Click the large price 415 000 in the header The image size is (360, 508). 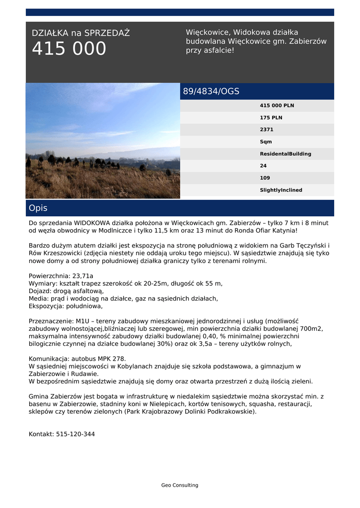[69, 49]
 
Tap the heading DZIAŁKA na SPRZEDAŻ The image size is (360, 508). [80, 33]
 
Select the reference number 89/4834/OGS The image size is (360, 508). [211, 91]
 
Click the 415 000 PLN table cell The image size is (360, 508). [277, 106]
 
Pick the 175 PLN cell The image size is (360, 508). [271, 118]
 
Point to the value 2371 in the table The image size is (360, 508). [267, 129]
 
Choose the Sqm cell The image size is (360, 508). [266, 142]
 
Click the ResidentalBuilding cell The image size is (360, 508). [286, 154]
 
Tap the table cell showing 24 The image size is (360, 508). [263, 166]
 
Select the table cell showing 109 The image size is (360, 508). [265, 178]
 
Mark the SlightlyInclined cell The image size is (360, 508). [281, 190]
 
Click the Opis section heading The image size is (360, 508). [38, 208]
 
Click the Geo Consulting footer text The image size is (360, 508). [180, 485]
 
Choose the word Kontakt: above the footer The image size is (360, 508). [41, 434]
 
